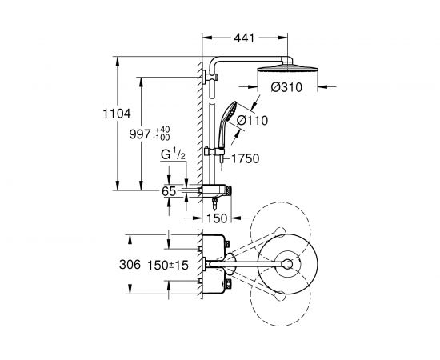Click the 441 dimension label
pos(244,38)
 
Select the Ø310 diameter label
pos(286,87)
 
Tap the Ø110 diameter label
pos(252,120)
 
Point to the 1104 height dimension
pos(117,114)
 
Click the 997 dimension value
pos(140,134)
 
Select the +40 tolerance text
pos(162,130)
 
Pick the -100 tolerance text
pos(161,138)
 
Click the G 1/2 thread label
pos(173,154)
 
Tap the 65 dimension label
pos(169,191)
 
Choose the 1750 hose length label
pos(246,158)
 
